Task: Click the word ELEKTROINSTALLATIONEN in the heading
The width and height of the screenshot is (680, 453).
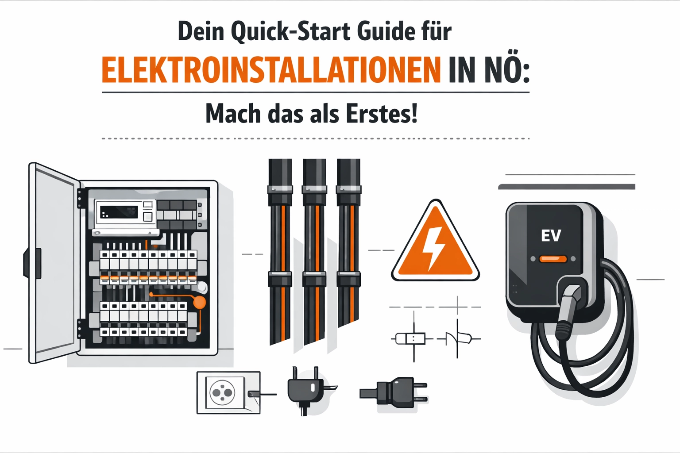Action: coord(271,70)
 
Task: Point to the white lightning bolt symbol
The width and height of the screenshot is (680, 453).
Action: coord(434,248)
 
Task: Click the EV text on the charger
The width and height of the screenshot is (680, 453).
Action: coord(551,235)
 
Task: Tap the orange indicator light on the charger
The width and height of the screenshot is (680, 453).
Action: coord(553,259)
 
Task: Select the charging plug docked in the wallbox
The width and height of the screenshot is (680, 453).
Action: coord(568,312)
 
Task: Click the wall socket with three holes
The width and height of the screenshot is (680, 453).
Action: coord(228,393)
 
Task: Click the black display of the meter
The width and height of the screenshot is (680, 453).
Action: coord(119,212)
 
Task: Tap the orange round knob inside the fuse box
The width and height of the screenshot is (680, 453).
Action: coord(199,303)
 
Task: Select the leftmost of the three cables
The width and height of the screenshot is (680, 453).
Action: coord(280,252)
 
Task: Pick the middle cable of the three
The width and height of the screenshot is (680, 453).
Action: coord(314,252)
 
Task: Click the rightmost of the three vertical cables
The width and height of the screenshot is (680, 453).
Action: coord(348,243)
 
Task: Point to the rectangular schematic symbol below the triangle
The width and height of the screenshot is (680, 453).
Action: coord(410,338)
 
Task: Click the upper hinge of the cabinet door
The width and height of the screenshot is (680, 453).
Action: coord(80,199)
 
